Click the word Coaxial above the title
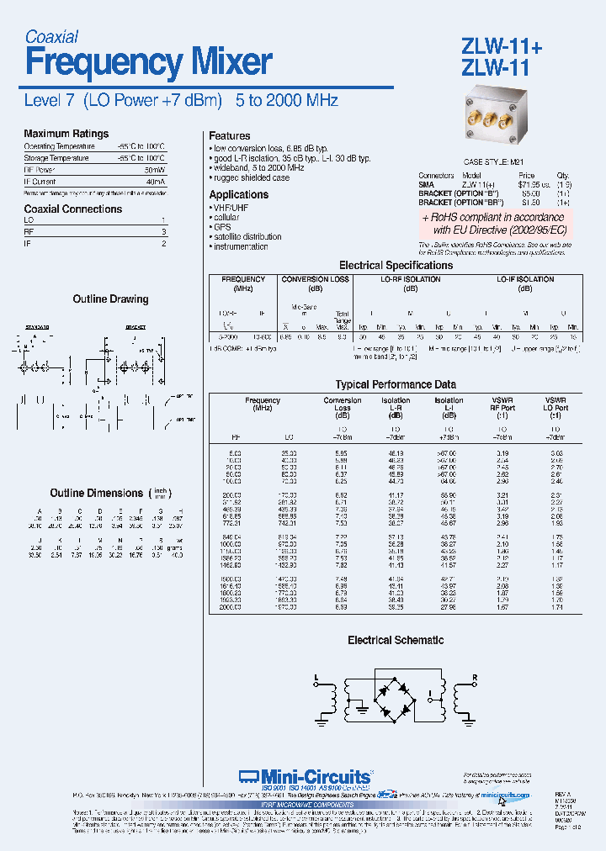tap(51, 37)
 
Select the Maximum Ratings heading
tap(66, 134)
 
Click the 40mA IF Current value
tap(156, 182)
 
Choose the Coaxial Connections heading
tap(72, 209)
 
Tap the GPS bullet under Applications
tap(221, 227)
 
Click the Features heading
tap(229, 136)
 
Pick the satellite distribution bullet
tap(247, 237)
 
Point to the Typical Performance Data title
tap(396, 384)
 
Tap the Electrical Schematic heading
tap(396, 641)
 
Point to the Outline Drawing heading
tap(110, 299)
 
